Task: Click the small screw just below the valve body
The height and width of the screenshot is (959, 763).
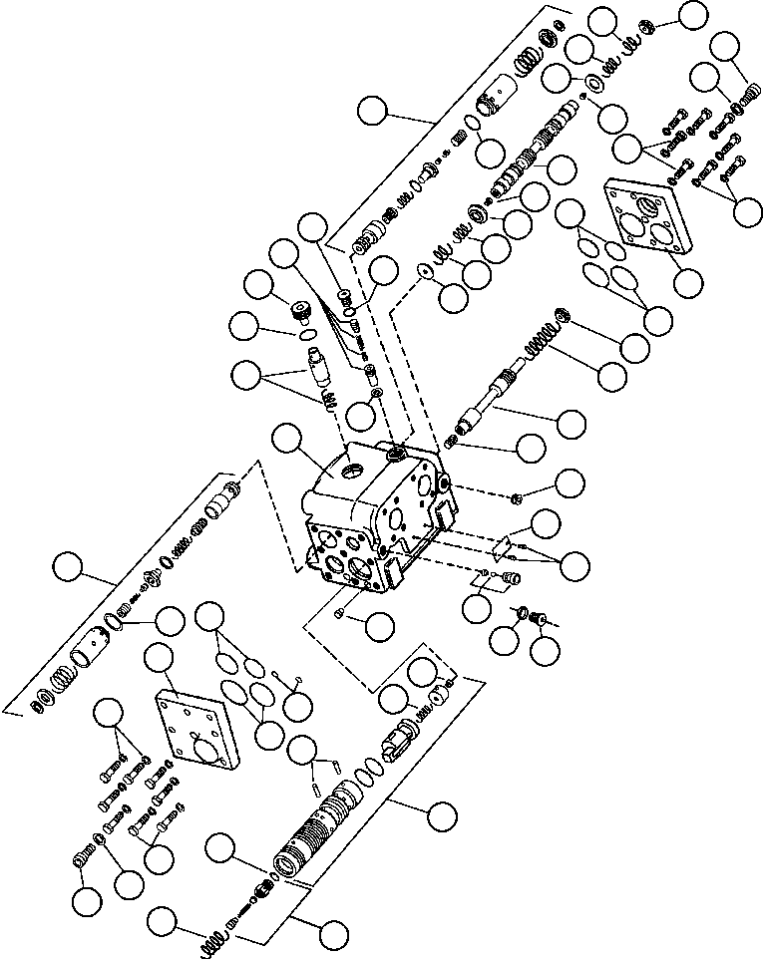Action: [x=340, y=611]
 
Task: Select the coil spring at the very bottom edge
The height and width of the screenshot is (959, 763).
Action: [x=213, y=942]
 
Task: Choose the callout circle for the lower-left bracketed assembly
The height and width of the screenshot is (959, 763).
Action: [x=71, y=567]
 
